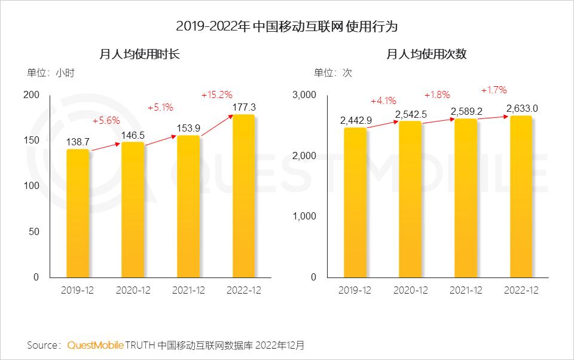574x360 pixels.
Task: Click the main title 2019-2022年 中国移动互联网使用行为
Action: point(287,26)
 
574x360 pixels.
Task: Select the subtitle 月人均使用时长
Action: point(139,54)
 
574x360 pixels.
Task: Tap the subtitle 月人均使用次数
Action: point(426,54)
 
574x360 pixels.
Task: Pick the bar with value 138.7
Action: point(78,213)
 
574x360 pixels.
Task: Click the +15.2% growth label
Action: point(216,94)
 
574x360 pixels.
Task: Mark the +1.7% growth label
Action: point(494,90)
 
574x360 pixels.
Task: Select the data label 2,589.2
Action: point(466,111)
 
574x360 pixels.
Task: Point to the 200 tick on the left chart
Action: point(32,95)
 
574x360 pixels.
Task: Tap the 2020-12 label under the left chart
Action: point(133,290)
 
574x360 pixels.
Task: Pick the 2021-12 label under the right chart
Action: point(466,290)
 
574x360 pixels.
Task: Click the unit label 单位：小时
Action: point(51,73)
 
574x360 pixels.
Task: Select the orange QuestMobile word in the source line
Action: point(96,345)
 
